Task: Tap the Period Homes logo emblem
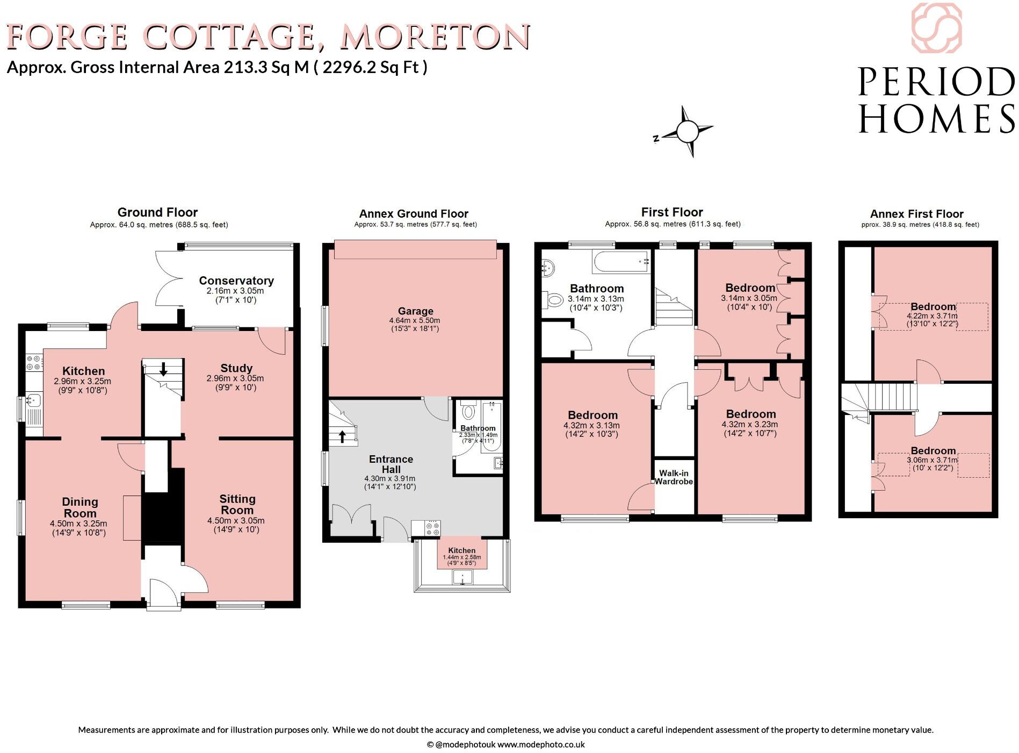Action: click(x=936, y=28)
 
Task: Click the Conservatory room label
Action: click(x=236, y=281)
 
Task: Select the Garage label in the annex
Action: click(x=415, y=311)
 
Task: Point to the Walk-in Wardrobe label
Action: click(x=674, y=477)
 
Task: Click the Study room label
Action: click(x=236, y=368)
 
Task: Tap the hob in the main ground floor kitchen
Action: click(x=34, y=362)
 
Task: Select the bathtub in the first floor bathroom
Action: click(x=621, y=262)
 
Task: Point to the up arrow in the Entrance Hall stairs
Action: click(x=342, y=436)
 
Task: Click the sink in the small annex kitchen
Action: click(x=462, y=578)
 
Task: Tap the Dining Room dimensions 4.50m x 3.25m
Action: click(x=78, y=523)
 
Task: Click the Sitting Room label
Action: click(x=237, y=504)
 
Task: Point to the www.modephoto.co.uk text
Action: click(x=540, y=744)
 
